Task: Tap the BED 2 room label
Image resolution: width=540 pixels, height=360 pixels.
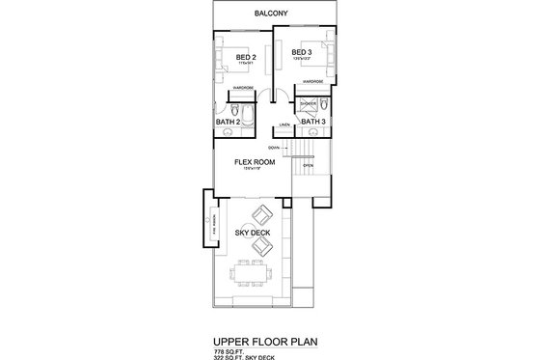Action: click(x=245, y=58)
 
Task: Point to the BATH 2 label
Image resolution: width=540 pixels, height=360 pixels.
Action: click(x=228, y=123)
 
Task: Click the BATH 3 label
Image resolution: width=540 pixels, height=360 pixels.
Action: click(x=313, y=123)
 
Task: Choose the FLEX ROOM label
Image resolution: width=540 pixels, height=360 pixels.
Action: click(x=255, y=162)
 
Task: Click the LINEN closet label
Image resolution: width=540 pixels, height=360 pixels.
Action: click(x=283, y=125)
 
